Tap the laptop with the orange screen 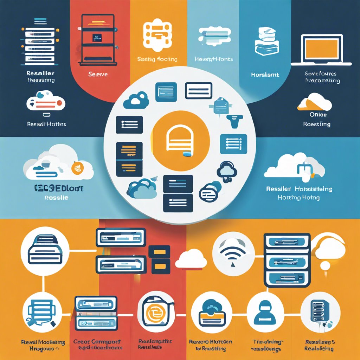tap(321, 49)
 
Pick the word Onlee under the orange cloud tap(318, 115)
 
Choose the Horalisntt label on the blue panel tap(265, 75)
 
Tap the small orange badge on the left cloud tap(77, 168)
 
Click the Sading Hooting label tap(157, 59)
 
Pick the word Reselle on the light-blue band tap(56, 198)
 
